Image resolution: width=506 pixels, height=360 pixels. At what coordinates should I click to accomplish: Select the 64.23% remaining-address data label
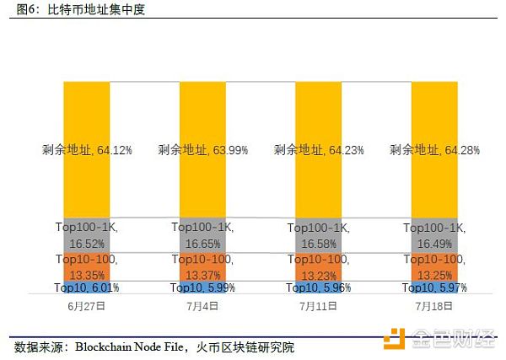[318, 150]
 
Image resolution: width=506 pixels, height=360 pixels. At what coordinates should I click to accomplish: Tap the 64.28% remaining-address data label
[434, 150]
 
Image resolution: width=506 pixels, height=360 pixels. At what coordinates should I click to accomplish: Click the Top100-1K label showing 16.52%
[86, 234]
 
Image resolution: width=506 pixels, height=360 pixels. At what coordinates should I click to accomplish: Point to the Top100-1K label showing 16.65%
[202, 234]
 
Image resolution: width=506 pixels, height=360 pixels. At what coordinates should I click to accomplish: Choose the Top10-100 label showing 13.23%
[318, 266]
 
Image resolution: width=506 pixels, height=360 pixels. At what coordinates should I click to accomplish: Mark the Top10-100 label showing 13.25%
[434, 266]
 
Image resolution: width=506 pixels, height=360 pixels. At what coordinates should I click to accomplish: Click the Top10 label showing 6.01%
[86, 288]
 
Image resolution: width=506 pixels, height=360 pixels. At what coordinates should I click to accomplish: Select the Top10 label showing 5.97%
[434, 288]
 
